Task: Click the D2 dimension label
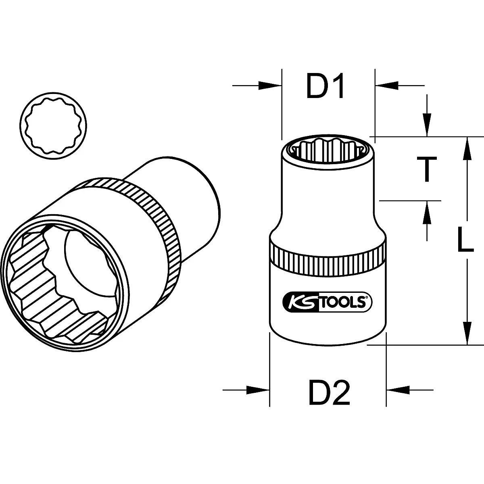point(329,392)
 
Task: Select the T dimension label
point(426,169)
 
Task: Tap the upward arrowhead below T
point(427,211)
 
